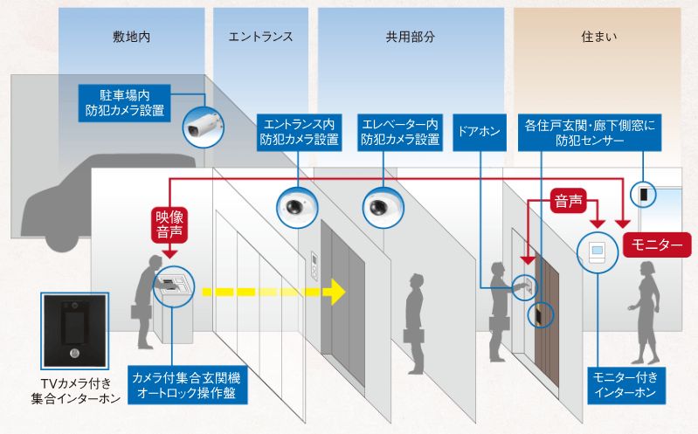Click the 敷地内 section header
[131, 37]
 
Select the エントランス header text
[260, 37]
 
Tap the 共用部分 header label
[410, 37]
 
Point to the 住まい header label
[598, 37]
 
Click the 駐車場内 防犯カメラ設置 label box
[125, 103]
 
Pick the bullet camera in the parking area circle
[203, 127]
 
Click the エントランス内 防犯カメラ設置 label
[299, 132]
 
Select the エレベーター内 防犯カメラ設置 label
[400, 132]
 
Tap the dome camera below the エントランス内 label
[297, 207]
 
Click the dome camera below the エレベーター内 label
[384, 207]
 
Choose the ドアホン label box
[480, 132]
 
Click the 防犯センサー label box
[590, 132]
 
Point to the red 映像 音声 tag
[169, 224]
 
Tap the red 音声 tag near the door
[569, 201]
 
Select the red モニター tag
[657, 245]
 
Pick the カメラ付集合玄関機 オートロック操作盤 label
[188, 385]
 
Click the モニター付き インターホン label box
[626, 385]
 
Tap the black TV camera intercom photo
[75, 331]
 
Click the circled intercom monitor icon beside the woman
[598, 253]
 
